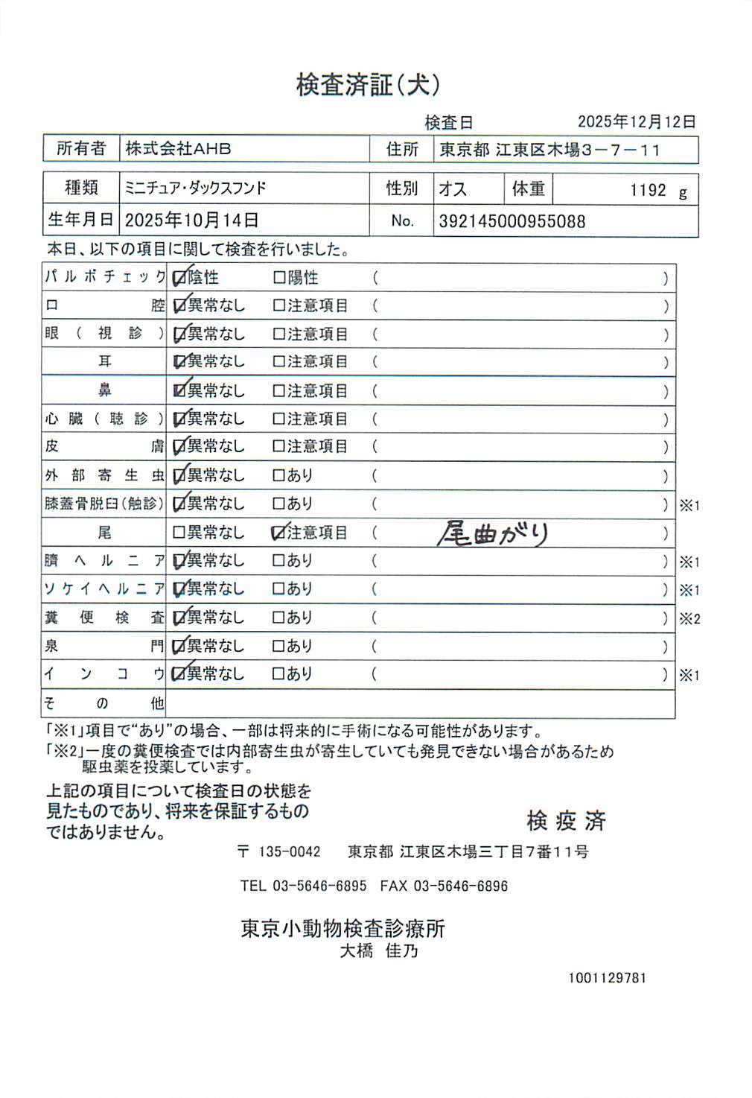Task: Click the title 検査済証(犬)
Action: [368, 85]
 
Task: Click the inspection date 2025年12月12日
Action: [637, 121]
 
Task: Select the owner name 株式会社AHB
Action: [178, 149]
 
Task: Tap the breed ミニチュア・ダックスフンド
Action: [195, 188]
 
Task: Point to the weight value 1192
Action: [648, 191]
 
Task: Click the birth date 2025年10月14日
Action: [191, 220]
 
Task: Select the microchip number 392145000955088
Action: [512, 221]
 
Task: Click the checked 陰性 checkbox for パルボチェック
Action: [179, 279]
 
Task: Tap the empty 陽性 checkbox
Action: [279, 278]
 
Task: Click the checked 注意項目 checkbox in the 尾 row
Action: [279, 533]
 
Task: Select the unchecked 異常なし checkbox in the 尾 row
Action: [179, 533]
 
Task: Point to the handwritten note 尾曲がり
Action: [493, 533]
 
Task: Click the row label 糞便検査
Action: [104, 618]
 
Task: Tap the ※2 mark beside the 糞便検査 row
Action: [689, 619]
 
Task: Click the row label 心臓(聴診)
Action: [104, 419]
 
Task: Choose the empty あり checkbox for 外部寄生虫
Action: [279, 475]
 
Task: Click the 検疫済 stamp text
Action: [566, 821]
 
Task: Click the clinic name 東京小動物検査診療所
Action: [342, 929]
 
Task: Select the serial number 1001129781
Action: [607, 978]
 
